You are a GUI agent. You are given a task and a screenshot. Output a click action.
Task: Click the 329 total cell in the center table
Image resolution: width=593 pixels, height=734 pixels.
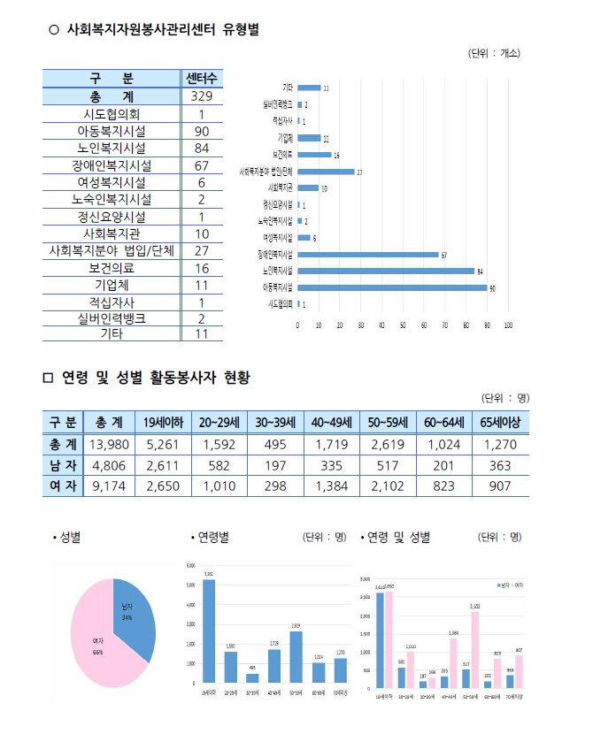pos(202,96)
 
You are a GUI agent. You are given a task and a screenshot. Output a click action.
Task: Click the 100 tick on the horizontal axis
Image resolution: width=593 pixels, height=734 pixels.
pos(508,325)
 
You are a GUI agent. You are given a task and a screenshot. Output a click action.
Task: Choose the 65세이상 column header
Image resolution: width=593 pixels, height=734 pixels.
pos(499,421)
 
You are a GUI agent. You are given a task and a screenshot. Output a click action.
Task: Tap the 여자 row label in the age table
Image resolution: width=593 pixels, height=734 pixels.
pos(62,485)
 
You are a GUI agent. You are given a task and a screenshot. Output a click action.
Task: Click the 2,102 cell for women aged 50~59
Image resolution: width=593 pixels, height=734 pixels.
pos(388,485)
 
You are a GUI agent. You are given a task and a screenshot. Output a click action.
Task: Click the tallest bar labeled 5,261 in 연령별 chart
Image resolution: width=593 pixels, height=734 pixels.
pos(209,631)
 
